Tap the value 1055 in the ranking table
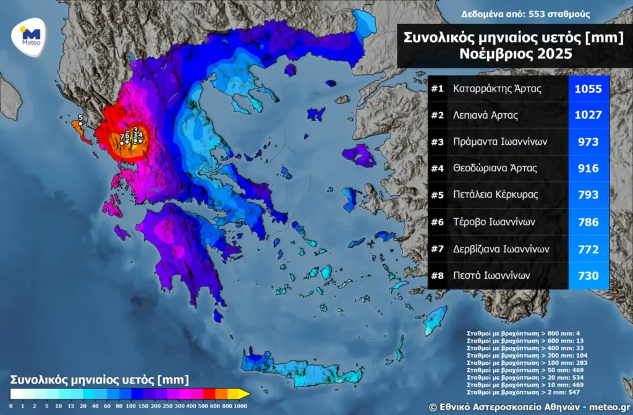[588, 89]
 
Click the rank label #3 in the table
[438, 142]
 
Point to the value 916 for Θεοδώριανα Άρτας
[588, 168]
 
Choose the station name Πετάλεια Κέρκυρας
[495, 194]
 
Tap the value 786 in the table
[588, 221]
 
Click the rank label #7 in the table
[438, 249]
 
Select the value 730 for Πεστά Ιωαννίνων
[588, 275]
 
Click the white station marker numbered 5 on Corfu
[80, 123]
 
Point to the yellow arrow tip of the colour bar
[246, 393]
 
